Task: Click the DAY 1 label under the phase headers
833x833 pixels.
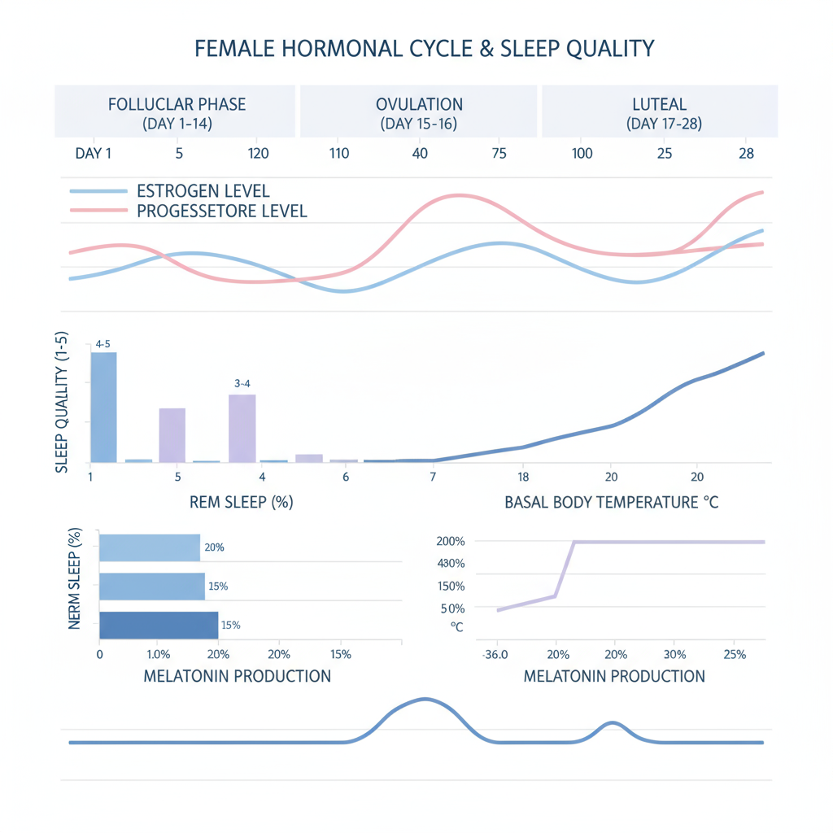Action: [x=93, y=153]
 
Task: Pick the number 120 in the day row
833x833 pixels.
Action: [x=258, y=153]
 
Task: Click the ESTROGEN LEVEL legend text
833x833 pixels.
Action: [x=203, y=192]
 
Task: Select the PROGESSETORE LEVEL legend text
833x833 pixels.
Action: [x=222, y=212]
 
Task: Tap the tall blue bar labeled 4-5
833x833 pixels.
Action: [x=103, y=407]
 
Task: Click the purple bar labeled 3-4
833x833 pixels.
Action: [x=242, y=428]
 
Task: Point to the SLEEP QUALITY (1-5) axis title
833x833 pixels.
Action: [x=61, y=403]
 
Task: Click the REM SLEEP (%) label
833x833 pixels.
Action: [x=241, y=502]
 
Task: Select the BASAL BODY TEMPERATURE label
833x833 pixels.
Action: [x=611, y=502]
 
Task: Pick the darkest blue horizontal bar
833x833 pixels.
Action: [x=159, y=625]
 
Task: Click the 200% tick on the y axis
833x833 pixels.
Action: [x=450, y=542]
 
